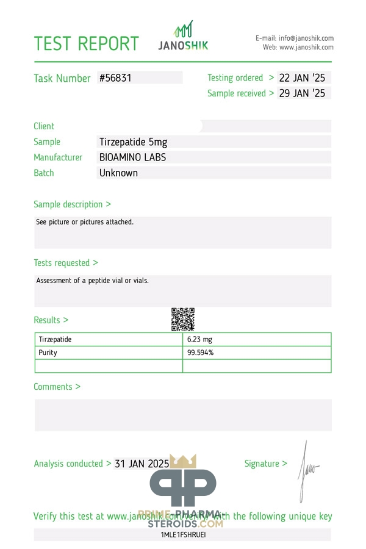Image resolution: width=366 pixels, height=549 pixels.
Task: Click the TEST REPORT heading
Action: [86, 43]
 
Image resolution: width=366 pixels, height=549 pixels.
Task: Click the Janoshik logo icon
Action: [184, 30]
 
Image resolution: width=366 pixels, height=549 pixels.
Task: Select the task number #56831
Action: [115, 78]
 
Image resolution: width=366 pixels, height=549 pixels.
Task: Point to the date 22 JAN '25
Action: [302, 78]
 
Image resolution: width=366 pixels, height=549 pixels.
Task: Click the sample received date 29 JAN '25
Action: [302, 93]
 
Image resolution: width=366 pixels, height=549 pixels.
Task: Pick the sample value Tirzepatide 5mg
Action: [133, 142]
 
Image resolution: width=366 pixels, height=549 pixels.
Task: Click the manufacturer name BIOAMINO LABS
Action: [132, 157]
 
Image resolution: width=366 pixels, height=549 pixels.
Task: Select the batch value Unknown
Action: [118, 173]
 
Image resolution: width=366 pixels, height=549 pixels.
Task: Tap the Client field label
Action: [44, 126]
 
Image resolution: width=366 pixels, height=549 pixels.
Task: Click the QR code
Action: [182, 319]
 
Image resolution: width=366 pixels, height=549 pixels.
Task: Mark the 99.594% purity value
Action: [200, 353]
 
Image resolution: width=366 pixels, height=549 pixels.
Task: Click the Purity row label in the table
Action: [48, 353]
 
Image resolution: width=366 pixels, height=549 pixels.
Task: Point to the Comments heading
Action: [57, 387]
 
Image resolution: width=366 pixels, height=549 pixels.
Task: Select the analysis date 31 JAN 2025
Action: [142, 464]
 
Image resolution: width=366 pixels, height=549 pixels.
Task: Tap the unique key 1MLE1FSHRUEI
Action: [182, 534]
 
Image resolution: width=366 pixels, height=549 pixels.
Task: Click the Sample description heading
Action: [72, 204]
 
